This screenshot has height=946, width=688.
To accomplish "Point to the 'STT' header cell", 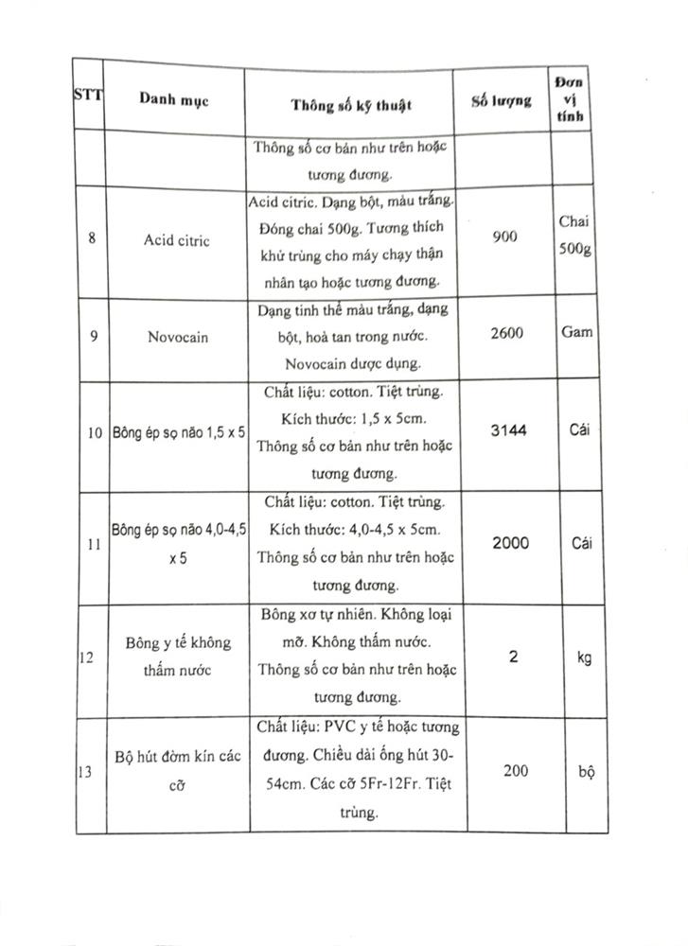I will [89, 95].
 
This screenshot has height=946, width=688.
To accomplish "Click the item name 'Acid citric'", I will [177, 240].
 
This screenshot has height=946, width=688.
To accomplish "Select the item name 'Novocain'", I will [177, 336].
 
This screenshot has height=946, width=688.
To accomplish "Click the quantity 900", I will [505, 236].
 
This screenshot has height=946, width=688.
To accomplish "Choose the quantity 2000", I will [510, 543].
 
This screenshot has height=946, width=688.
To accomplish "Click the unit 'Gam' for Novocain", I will [576, 333].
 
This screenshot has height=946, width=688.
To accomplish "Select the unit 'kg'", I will [583, 657].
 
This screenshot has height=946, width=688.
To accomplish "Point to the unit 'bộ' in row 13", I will [586, 771].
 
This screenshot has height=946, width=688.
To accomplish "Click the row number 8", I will [91, 238].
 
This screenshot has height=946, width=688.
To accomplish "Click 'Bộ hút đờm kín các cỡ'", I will [178, 772].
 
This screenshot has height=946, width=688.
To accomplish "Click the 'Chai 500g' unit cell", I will [573, 237].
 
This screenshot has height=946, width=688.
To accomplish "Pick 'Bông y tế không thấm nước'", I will [178, 657].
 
